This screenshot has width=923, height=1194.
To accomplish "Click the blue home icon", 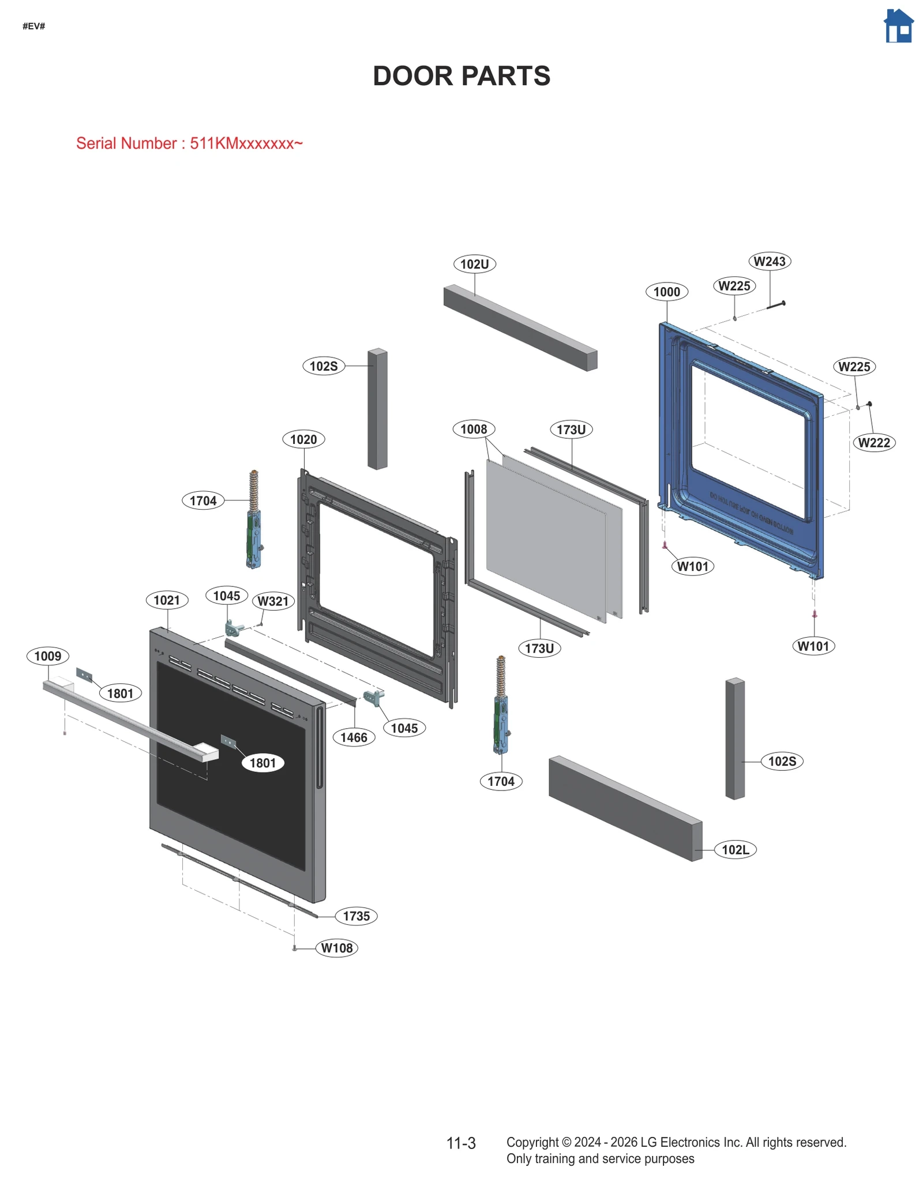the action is [898, 27].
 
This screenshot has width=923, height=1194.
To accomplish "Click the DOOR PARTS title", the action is [461, 76].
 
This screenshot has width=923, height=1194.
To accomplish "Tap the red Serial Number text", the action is [189, 143].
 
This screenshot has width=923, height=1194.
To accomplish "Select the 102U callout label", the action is [474, 264].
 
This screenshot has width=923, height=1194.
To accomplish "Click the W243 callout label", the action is [769, 261].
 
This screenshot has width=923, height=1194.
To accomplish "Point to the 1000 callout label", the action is [666, 292].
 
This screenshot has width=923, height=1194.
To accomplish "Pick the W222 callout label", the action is [873, 443].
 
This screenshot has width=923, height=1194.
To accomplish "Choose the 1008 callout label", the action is [474, 429].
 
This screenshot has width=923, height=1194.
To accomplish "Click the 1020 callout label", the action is [303, 439].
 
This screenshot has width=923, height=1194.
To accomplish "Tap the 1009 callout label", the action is [48, 656].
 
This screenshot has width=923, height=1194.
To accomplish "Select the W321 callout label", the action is [273, 601].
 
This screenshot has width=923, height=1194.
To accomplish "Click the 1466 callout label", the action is [354, 737].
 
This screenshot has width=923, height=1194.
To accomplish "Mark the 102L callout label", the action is [735, 850].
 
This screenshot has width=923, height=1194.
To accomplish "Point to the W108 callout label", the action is [337, 948].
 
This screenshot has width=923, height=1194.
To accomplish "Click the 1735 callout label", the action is [356, 916].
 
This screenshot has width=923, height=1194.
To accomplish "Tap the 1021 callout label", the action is [167, 600].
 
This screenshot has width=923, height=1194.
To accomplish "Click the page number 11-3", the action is [461, 1143].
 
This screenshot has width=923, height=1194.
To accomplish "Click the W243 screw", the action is [776, 305].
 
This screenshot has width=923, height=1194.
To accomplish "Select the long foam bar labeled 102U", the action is [519, 327].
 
